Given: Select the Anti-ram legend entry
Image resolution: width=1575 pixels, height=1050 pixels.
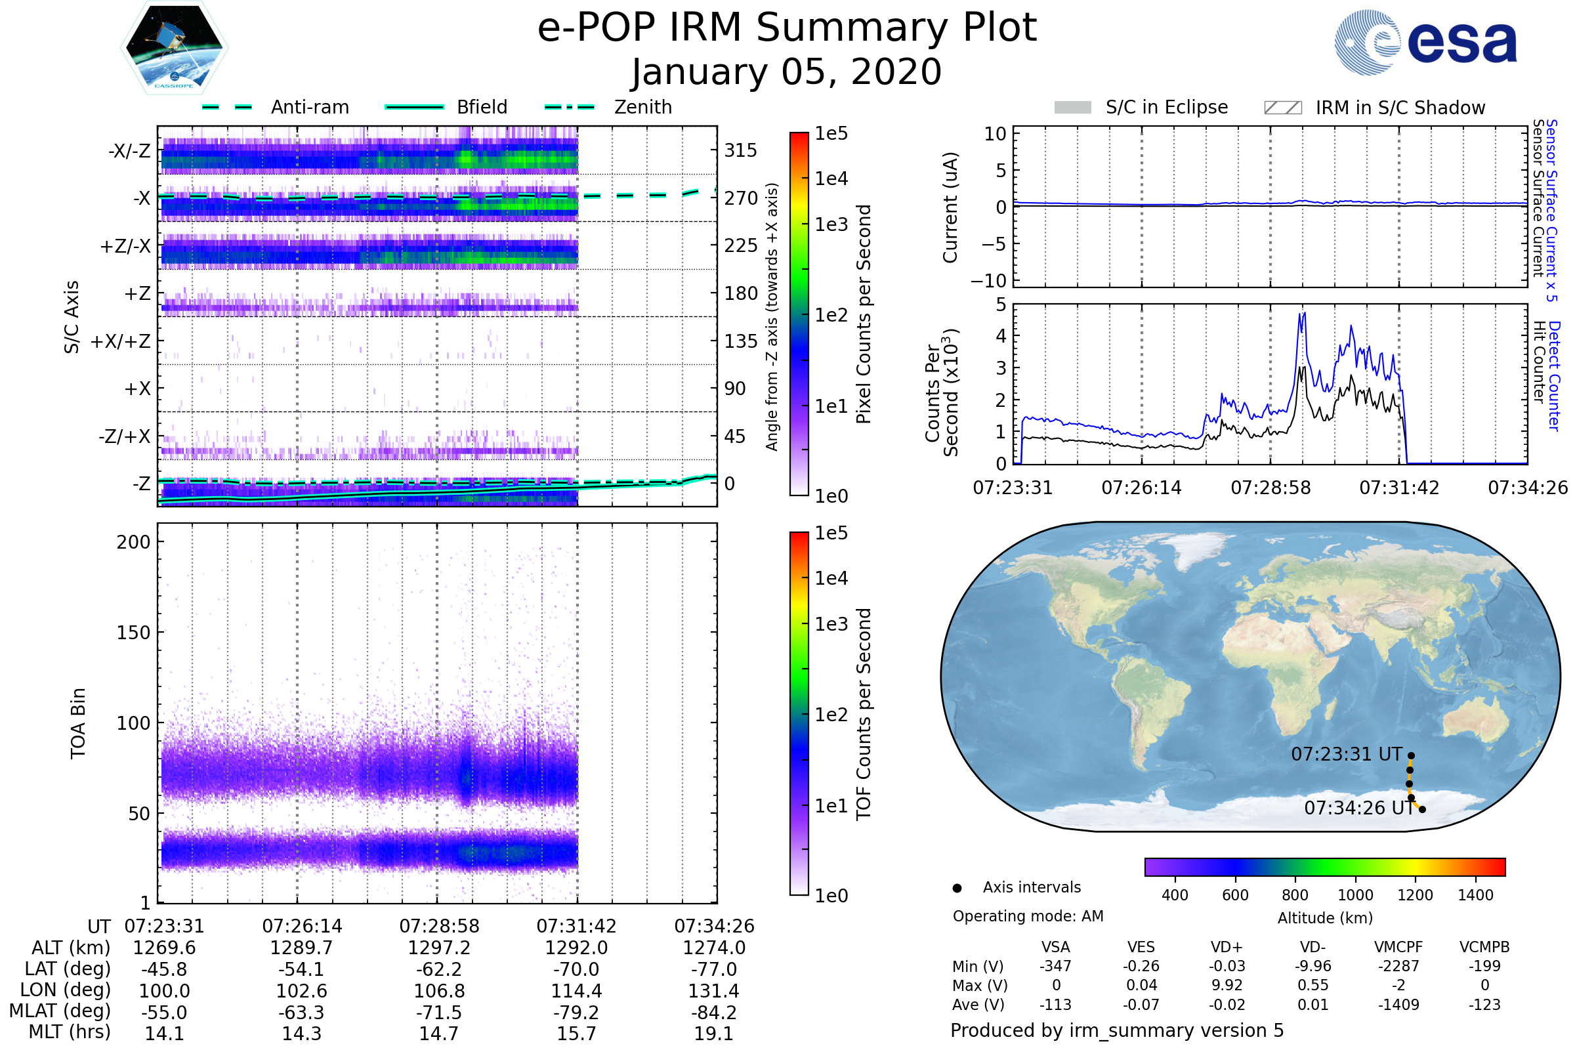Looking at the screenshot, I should point(309,107).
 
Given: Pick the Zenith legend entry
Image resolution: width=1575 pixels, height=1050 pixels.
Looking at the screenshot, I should point(642,107).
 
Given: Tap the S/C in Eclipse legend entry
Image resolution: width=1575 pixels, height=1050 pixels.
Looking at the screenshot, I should point(1166,107).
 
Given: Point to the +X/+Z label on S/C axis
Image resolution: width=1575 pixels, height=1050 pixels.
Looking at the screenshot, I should point(121,341).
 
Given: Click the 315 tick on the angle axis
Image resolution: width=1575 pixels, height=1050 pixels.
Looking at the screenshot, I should point(740,150).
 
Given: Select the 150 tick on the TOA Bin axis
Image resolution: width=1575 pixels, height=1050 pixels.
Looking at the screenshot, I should point(133,633).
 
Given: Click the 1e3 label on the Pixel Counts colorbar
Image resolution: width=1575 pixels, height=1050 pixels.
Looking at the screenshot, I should point(831,224).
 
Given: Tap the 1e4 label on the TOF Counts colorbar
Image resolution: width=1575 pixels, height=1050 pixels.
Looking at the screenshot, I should point(831,578).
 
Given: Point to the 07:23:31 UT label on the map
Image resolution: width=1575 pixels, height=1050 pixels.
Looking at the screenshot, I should point(1346,755).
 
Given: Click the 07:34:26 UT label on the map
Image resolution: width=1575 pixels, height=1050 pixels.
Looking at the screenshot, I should point(1358,808).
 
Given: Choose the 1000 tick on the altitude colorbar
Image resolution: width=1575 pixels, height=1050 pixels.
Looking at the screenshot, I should point(1354,895).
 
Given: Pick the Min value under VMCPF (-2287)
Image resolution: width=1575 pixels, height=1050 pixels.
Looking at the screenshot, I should point(1398,966).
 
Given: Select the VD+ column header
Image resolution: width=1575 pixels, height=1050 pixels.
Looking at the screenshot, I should point(1227,947).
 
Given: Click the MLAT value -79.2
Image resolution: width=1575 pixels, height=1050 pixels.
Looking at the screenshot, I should point(576,1012).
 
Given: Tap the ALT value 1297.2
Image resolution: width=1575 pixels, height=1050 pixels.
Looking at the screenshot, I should point(438,948).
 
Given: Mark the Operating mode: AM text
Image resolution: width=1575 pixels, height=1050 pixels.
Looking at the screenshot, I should point(1028,916).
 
